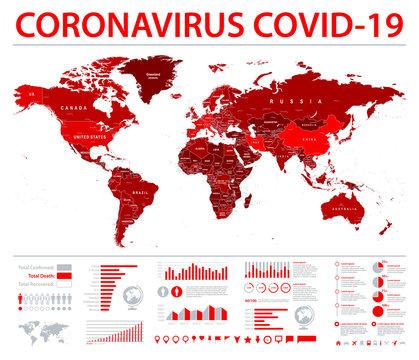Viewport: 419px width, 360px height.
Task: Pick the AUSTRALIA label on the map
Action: point(350,209)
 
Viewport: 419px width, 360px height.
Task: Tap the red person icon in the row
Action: point(22,296)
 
